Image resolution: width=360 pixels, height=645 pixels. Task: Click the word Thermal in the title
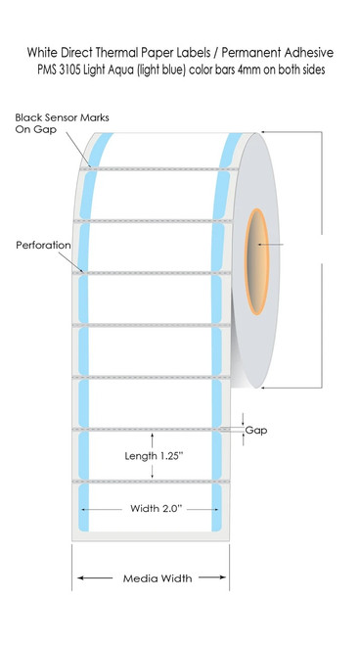click(117, 53)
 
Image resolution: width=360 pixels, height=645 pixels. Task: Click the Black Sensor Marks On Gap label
click(62, 123)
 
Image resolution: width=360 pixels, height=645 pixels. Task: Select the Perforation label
click(43, 245)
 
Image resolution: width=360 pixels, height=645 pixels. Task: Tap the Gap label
click(256, 431)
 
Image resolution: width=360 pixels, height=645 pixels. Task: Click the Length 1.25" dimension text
click(152, 456)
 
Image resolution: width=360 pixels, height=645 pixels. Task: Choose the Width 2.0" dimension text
click(156, 508)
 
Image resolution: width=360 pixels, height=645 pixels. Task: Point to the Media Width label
click(157, 578)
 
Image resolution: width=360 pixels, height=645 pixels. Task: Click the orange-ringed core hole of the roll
click(256, 261)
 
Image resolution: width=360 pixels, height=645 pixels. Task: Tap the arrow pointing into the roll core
click(270, 245)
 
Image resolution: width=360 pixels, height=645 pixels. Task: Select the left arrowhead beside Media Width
click(80, 577)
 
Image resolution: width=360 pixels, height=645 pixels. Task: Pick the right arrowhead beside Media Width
click(222, 577)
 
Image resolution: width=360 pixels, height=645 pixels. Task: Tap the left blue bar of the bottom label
click(83, 508)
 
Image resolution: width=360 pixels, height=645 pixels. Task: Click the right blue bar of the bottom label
click(216, 508)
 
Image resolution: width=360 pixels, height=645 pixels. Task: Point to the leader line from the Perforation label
click(71, 262)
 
